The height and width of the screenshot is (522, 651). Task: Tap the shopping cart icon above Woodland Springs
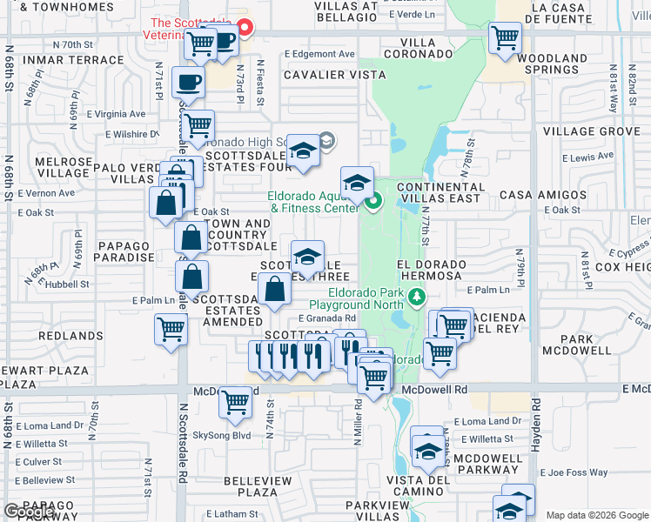click(x=504, y=38)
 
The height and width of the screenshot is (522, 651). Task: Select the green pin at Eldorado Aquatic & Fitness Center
click(x=374, y=204)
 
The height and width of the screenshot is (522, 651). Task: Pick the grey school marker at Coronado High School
click(x=326, y=139)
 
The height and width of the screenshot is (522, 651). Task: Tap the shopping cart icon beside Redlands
click(x=171, y=330)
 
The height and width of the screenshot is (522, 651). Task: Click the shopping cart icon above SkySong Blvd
click(x=236, y=402)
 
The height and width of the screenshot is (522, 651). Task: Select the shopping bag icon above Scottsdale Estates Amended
click(x=274, y=289)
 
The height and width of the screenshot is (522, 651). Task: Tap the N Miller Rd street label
click(x=357, y=424)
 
